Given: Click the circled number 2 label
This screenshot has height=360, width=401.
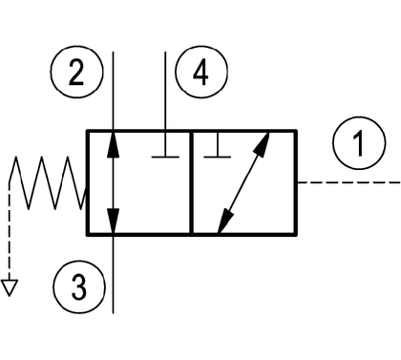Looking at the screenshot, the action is click(x=77, y=72).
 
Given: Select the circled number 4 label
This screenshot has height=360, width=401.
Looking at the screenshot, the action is click(x=201, y=72).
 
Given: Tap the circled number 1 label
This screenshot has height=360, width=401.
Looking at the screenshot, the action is click(x=360, y=142).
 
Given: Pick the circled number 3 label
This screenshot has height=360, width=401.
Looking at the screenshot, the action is click(x=78, y=286).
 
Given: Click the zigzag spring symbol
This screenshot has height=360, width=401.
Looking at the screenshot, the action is click(x=48, y=182).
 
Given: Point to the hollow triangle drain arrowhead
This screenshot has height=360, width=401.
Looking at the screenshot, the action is click(x=10, y=287).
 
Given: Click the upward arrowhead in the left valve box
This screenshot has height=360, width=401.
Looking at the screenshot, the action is click(x=113, y=144).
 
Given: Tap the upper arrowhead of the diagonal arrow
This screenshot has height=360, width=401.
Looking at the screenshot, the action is click(x=263, y=144).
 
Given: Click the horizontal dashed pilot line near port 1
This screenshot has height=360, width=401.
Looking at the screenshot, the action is click(x=348, y=182).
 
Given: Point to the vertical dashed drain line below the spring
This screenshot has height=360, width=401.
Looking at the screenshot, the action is click(x=10, y=231).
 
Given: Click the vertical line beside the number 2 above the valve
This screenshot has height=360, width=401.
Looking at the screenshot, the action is click(x=113, y=91).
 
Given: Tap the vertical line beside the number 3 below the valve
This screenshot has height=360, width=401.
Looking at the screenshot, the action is click(x=113, y=274).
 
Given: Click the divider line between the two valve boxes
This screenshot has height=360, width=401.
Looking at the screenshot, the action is click(x=191, y=182).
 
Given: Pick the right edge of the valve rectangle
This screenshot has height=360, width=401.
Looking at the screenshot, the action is click(x=296, y=182).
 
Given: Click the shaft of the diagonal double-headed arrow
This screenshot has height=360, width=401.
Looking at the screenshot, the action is click(x=244, y=182).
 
